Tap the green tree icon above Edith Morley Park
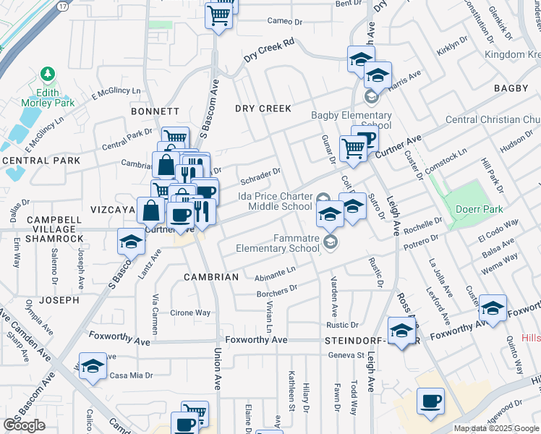coord(48,74)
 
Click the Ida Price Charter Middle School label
coord(275,201)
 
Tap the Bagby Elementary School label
coord(352,120)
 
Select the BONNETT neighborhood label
coord(155,111)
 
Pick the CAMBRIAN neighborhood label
coord(211,277)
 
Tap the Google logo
coord(24,425)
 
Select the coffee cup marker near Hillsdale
coord(431,401)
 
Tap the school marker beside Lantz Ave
coord(131,242)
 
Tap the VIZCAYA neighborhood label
coord(114,209)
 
